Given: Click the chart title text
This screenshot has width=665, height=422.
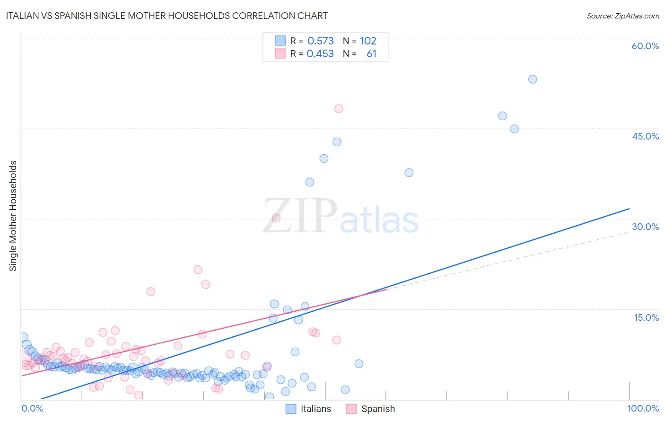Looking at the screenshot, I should (166, 16).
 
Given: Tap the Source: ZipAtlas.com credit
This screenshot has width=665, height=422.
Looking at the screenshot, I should (622, 16).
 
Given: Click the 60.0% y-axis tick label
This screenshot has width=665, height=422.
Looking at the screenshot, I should (645, 46).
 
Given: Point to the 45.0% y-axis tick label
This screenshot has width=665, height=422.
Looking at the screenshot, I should (645, 136).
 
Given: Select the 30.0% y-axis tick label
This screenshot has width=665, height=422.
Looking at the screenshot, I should (645, 227).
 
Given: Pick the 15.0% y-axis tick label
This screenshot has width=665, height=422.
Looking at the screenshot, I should (646, 317).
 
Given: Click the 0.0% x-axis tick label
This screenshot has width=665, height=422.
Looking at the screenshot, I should (32, 408).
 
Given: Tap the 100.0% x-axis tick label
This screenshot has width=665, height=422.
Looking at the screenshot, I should (643, 408).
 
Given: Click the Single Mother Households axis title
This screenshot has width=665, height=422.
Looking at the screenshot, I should (13, 216).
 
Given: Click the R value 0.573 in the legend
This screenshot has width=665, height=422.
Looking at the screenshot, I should (320, 41).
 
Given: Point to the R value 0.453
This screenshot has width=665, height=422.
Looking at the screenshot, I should (320, 54).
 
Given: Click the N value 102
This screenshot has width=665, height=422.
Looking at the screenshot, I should (368, 41).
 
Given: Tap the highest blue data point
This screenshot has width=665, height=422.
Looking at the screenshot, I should (533, 79).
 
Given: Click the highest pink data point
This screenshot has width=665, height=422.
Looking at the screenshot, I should (339, 109).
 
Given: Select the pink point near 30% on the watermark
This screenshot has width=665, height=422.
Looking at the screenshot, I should (276, 218).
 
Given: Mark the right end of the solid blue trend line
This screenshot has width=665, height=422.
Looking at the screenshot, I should (629, 209).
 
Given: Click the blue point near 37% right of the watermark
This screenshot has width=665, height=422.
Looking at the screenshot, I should (409, 173).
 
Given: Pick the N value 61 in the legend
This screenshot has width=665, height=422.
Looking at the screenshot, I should (371, 54).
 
